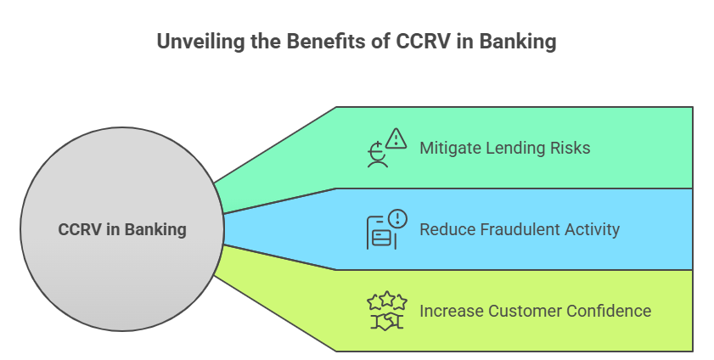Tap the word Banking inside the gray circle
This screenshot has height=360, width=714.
pyautogui.click(x=155, y=230)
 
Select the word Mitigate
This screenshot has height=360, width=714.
pyautogui.click(x=449, y=149)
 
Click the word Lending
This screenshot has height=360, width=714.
pyautogui.click(x=512, y=149)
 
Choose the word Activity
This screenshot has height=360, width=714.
pyautogui.click(x=592, y=230)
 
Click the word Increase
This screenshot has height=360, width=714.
pyautogui.click(x=452, y=312)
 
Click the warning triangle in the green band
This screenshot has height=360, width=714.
pyautogui.click(x=396, y=138)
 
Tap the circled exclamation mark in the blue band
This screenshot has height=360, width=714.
pyautogui.click(x=398, y=218)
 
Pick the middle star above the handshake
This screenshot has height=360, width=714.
pyautogui.click(x=387, y=298)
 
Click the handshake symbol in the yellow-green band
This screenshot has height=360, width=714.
pyautogui.click(x=386, y=321)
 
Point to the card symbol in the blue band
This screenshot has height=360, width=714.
pyautogui.click(x=381, y=239)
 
